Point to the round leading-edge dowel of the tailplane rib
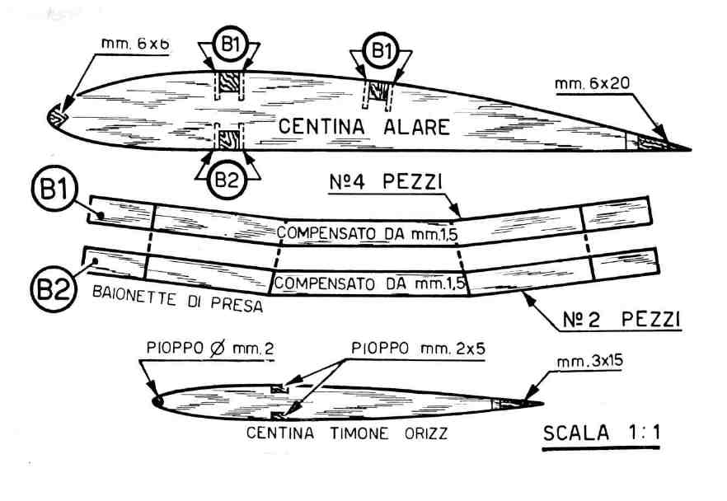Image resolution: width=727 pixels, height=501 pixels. tap(157, 401)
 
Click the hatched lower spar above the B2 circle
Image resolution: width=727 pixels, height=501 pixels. tap(227, 136)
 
